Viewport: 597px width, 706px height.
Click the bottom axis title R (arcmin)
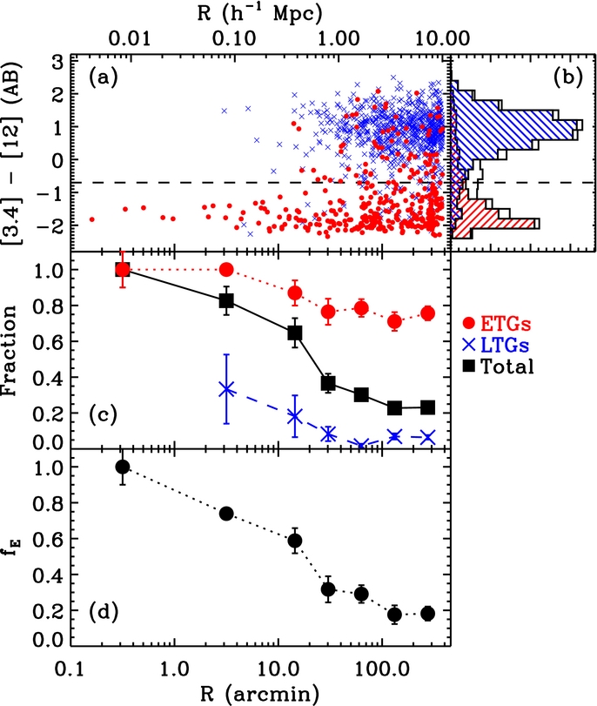pos(260,693)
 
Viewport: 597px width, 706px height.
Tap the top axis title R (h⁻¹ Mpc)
pos(260,12)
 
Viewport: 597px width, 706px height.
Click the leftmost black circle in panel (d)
pos(123,467)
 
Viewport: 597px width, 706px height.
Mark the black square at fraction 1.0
pos(123,270)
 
